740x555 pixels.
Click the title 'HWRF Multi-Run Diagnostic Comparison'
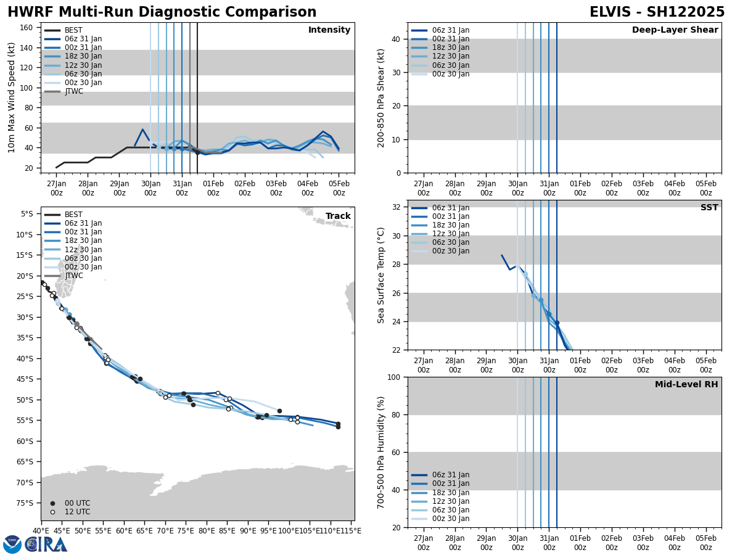(162, 12)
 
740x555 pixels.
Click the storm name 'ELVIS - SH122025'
(657, 12)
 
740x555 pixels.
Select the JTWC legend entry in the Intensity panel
(73, 91)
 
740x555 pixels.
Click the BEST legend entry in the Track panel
(73, 215)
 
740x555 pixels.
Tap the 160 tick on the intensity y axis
(28, 27)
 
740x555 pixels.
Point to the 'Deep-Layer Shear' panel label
(675, 30)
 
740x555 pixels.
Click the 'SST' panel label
(709, 208)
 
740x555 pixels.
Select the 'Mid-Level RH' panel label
(686, 385)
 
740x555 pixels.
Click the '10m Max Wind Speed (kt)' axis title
(12, 97)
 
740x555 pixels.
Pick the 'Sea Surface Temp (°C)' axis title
(381, 275)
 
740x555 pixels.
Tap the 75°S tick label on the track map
(28, 503)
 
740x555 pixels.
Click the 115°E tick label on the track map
(351, 530)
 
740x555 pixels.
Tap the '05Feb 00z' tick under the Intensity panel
(339, 187)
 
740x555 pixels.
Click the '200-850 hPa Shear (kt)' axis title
(381, 97)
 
